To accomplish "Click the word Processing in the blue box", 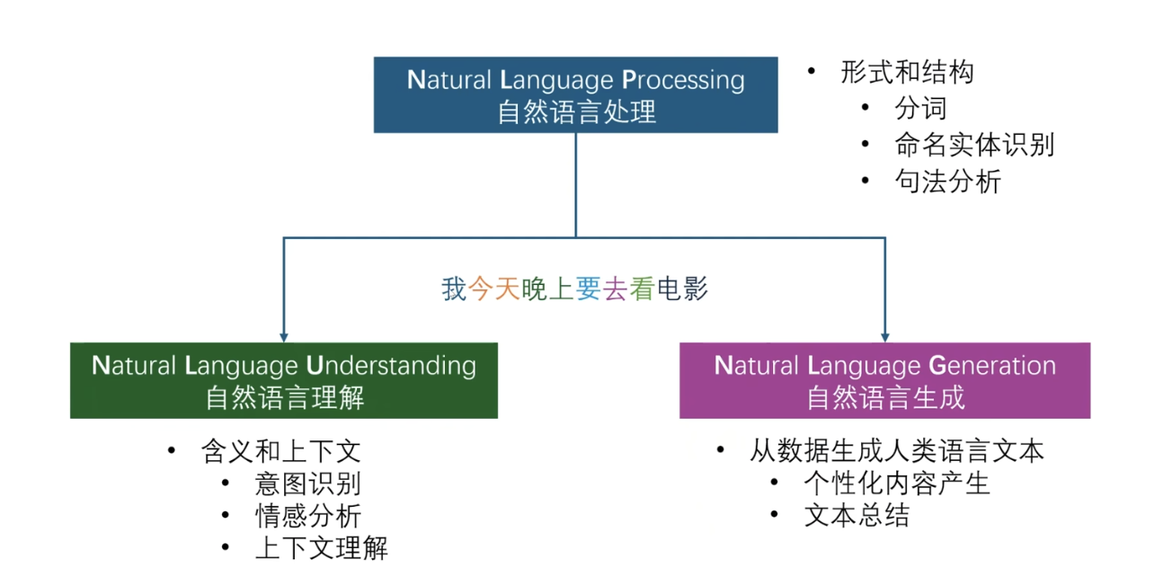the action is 683,81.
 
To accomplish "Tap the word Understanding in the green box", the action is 391,367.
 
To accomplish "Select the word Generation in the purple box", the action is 992,365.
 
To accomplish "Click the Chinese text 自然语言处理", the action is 576,112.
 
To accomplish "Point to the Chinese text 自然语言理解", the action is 285,397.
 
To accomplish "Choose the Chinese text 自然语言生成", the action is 885,397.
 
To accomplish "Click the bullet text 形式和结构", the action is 907,72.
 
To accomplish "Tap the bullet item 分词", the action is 921,108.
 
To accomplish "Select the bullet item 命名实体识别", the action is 974,145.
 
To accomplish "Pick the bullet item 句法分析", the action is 948,182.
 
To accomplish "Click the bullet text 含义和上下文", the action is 281,451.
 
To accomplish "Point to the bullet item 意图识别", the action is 307,484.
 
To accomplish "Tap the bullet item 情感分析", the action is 307,516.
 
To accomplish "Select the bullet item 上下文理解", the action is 321,548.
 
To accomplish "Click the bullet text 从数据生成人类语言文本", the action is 897,451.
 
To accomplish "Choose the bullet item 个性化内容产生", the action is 897,484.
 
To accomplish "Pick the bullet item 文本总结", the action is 857,516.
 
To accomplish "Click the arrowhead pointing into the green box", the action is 284,337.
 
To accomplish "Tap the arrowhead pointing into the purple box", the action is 885,337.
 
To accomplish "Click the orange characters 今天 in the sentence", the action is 494,288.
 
